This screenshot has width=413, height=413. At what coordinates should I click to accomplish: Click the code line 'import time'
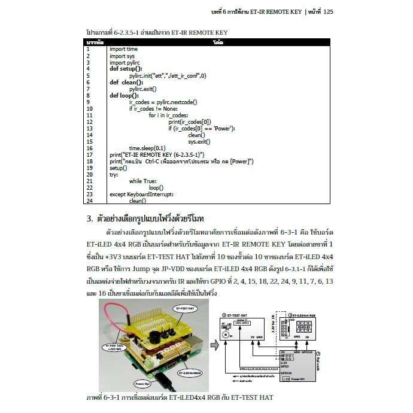123,50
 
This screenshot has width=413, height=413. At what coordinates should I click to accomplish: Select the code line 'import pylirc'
125,62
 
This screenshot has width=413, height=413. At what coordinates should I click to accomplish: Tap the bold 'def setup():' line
126,69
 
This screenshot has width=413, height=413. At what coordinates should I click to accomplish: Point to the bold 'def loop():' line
124,95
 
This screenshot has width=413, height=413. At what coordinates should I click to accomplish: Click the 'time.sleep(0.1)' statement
147,148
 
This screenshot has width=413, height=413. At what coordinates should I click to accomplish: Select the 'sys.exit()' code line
199,141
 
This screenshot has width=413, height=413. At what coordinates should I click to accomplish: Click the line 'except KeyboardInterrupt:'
141,195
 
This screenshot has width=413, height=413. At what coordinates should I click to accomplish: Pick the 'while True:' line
142,181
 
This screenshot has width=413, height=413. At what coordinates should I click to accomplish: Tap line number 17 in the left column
89,154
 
